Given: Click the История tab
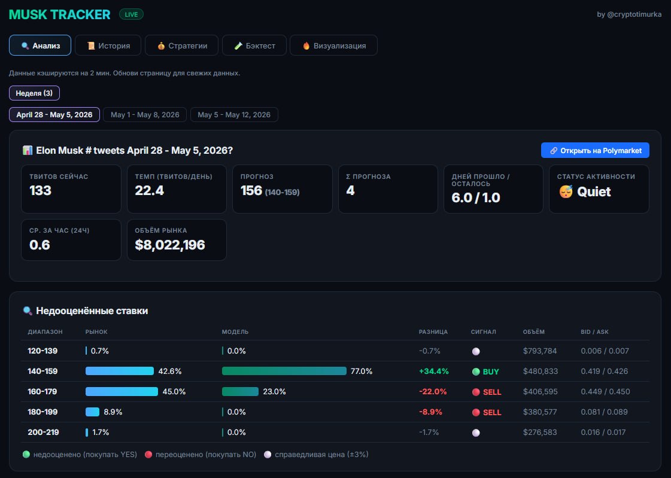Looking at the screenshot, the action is click(108, 45).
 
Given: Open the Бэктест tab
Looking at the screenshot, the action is click(254, 45).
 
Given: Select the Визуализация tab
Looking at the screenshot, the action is click(334, 45).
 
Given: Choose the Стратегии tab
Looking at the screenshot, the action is click(181, 45).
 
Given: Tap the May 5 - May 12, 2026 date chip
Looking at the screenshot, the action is click(234, 115).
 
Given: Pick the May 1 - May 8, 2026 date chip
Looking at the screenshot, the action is click(145, 115).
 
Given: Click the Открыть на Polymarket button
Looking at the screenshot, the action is click(595, 151).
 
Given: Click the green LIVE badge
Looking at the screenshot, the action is click(131, 14).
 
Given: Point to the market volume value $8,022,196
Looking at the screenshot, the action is click(170, 245).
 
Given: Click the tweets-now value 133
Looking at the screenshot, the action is click(40, 191).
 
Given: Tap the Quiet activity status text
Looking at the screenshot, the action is click(594, 192).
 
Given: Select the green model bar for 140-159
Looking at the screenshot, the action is click(284, 371).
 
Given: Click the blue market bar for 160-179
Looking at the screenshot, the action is click(122, 392).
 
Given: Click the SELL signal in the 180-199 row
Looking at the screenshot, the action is click(487, 412).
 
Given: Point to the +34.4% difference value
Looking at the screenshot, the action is click(434, 371).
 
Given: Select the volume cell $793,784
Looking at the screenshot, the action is click(540, 351).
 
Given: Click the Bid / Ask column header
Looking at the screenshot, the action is click(594, 332).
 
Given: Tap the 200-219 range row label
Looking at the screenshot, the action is click(43, 433).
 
